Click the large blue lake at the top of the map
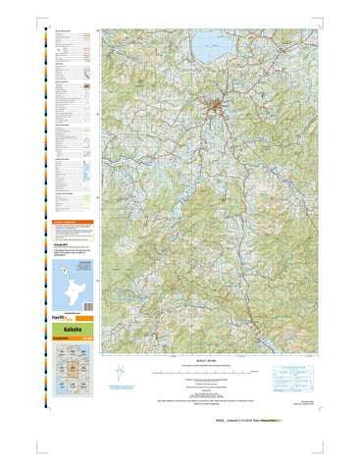[213, 44]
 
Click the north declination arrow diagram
[120, 372]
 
